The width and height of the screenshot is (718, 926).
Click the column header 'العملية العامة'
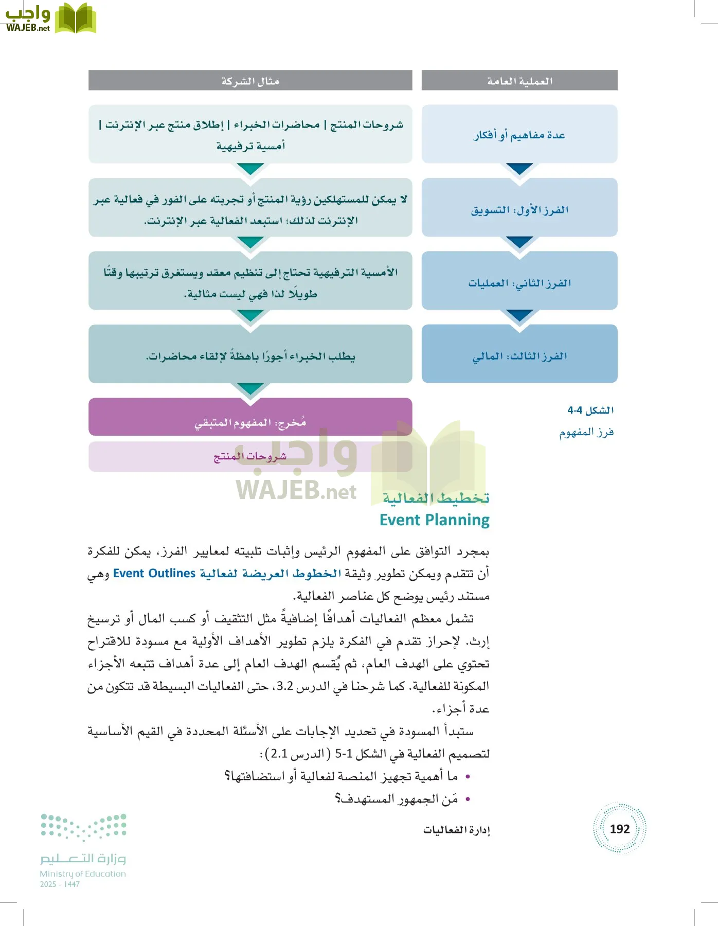pyautogui.click(x=519, y=81)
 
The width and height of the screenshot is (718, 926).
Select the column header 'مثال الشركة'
pyautogui.click(x=250, y=81)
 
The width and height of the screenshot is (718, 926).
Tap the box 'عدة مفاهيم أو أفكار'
pyautogui.click(x=519, y=134)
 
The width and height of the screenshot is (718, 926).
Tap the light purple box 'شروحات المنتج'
pyautogui.click(x=250, y=457)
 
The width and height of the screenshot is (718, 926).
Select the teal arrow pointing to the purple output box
pyautogui.click(x=250, y=389)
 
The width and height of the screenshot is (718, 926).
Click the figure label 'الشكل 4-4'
pyautogui.click(x=590, y=410)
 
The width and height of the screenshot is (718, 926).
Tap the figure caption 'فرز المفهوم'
pyautogui.click(x=586, y=432)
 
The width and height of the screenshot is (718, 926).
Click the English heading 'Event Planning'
pyautogui.click(x=435, y=520)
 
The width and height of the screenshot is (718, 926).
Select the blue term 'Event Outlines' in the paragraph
pyautogui.click(x=154, y=573)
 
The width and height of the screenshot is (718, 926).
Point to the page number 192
pyautogui.click(x=619, y=829)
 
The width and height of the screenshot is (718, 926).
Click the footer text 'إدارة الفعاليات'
pyautogui.click(x=456, y=830)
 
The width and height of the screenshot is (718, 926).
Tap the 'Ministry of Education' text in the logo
pyautogui.click(x=83, y=874)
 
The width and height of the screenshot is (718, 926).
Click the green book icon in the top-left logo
pyautogui.click(x=76, y=19)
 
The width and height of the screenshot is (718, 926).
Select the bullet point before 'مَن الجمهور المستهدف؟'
pyautogui.click(x=468, y=799)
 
